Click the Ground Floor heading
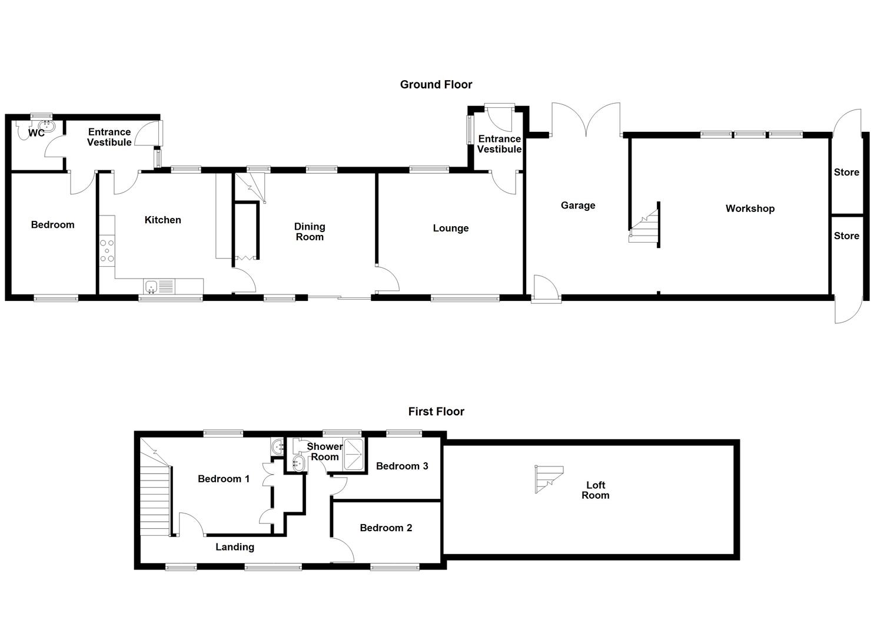(x=436, y=85)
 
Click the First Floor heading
(x=436, y=412)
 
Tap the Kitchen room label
(x=163, y=220)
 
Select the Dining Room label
(x=310, y=232)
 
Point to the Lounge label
(x=451, y=228)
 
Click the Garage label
(x=577, y=206)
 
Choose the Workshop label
(x=750, y=208)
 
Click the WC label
(x=36, y=134)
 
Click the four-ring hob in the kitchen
(x=107, y=250)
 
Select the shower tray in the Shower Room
(x=355, y=454)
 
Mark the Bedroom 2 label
(x=386, y=528)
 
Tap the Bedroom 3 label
(x=402, y=466)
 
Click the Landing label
(x=235, y=547)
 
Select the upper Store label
(x=846, y=173)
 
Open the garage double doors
(x=586, y=121)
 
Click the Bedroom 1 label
(x=224, y=479)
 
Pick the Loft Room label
(x=596, y=490)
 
